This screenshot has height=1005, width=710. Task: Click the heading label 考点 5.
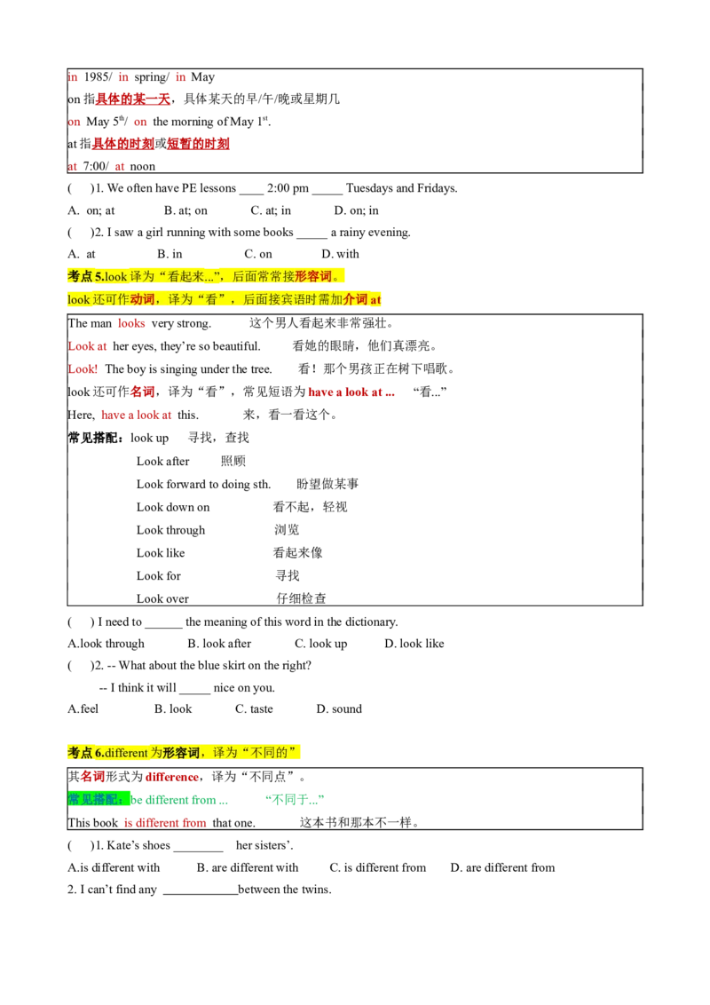(x=85, y=276)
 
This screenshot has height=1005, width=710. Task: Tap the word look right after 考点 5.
(x=116, y=276)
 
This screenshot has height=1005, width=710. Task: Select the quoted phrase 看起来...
(x=192, y=276)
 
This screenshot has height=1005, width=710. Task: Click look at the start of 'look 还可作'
(x=79, y=300)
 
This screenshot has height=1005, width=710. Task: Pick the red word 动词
(x=142, y=300)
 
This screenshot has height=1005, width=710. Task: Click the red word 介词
(x=355, y=300)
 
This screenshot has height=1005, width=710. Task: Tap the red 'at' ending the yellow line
(x=376, y=300)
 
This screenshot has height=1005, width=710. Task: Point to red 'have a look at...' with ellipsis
(x=351, y=392)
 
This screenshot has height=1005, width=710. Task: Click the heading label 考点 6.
(x=85, y=753)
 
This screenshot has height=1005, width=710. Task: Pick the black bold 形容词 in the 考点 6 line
(x=181, y=753)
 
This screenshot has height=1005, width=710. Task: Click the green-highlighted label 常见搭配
(x=99, y=799)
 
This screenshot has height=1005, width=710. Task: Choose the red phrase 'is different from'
(x=164, y=822)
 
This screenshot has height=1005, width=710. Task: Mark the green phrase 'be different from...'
(x=181, y=800)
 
